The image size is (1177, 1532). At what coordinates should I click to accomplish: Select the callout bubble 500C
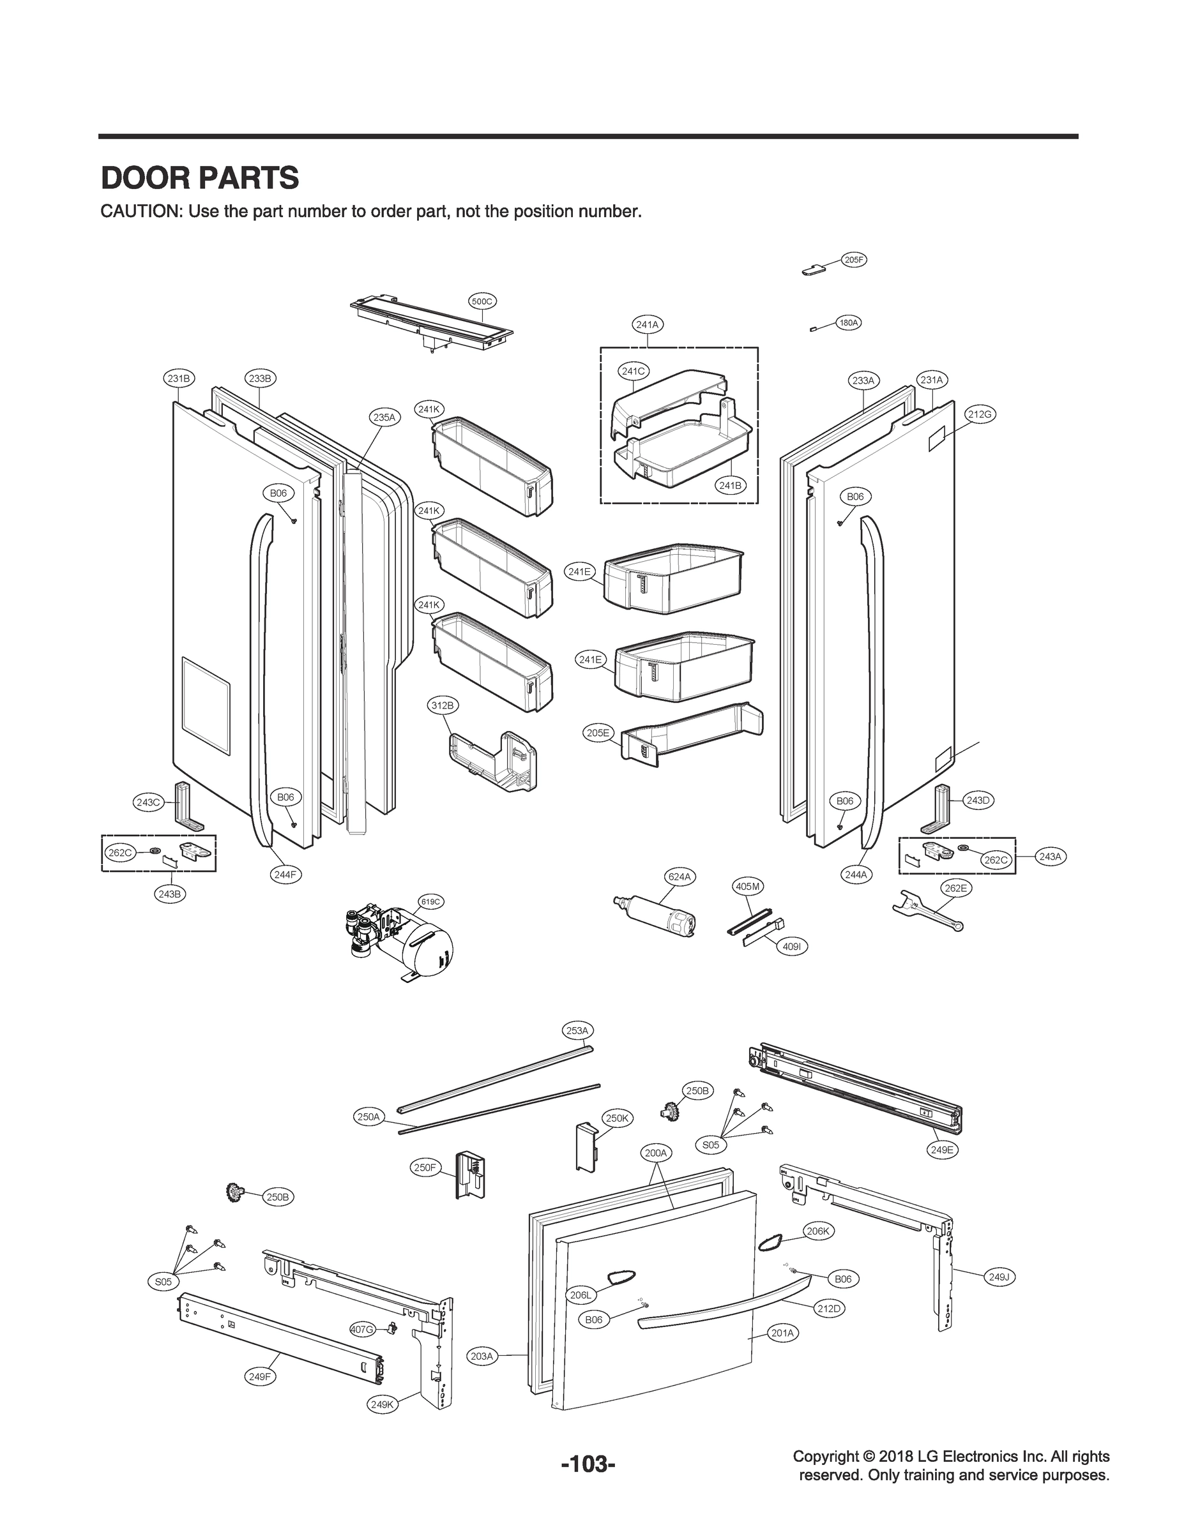(x=482, y=301)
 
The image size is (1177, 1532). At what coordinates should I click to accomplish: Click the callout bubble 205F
(x=853, y=260)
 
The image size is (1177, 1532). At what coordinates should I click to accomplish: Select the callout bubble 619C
(x=431, y=902)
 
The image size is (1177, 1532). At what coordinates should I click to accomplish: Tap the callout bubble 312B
(x=442, y=706)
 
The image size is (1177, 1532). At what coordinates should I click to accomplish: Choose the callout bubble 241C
(x=634, y=371)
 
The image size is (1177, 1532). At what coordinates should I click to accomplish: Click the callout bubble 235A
(x=383, y=417)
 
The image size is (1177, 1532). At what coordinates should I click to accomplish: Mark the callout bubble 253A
(x=577, y=1030)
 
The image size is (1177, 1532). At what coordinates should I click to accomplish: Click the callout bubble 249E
(x=941, y=1150)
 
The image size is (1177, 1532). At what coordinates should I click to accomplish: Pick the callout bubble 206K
(x=817, y=1231)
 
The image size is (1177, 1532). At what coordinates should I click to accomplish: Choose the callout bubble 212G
(x=980, y=414)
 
